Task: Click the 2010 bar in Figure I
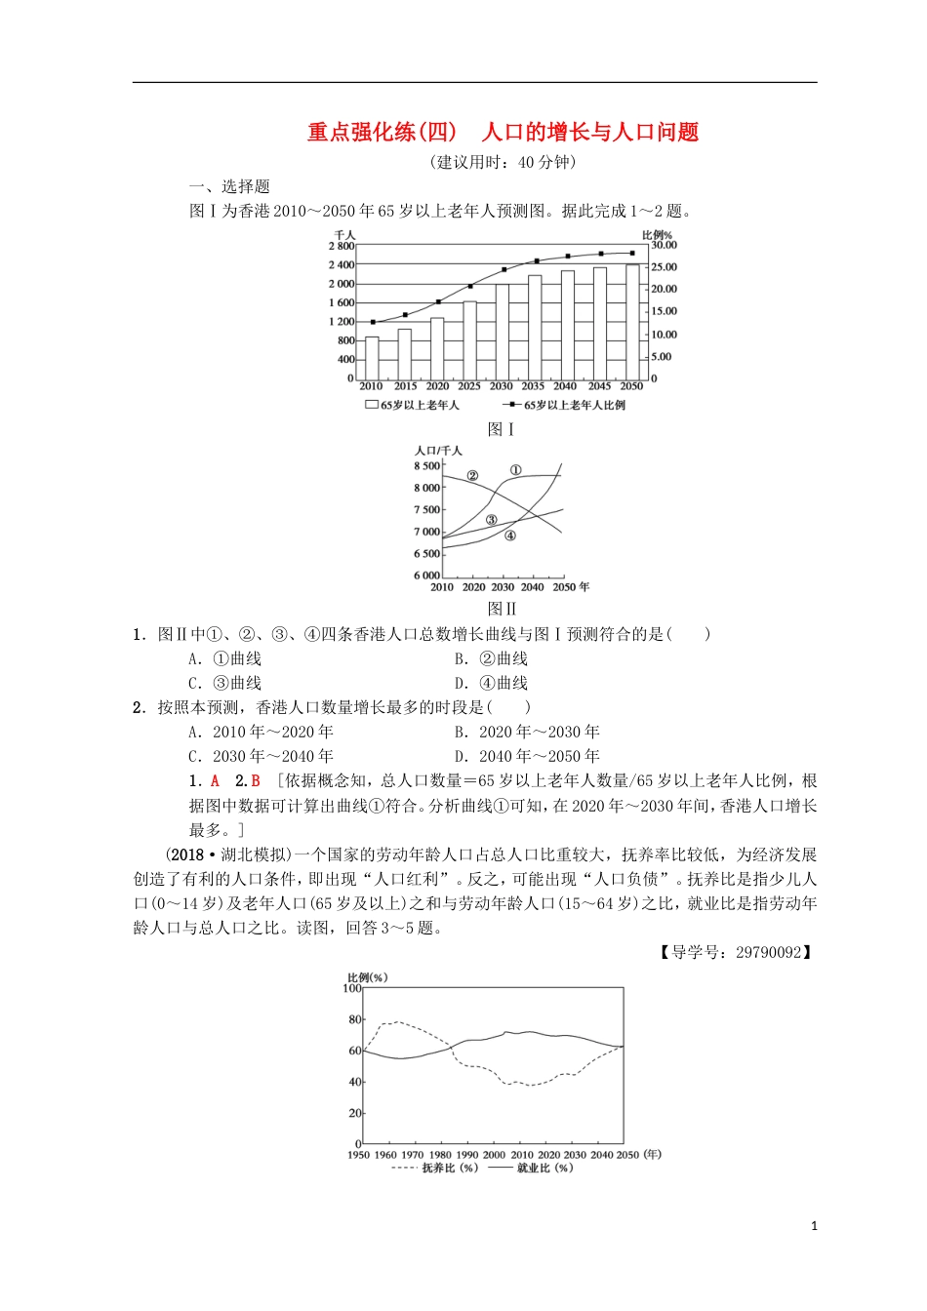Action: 372,357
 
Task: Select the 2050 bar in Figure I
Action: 632,321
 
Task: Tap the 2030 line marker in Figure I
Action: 504,269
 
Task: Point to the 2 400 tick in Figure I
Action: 342,265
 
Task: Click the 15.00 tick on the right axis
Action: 664,311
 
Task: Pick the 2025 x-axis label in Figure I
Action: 469,386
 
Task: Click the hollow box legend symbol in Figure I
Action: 372,405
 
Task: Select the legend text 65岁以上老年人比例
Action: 575,405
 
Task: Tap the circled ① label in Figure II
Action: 516,470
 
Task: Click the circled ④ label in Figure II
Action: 509,536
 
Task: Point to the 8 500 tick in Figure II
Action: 427,466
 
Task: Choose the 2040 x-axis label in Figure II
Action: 532,587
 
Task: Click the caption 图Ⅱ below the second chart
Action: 502,610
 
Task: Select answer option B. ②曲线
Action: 491,659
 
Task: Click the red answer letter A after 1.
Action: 216,781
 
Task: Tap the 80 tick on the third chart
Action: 355,1020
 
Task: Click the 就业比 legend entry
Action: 531,1168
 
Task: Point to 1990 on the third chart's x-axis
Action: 468,1155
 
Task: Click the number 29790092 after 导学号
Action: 766,952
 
